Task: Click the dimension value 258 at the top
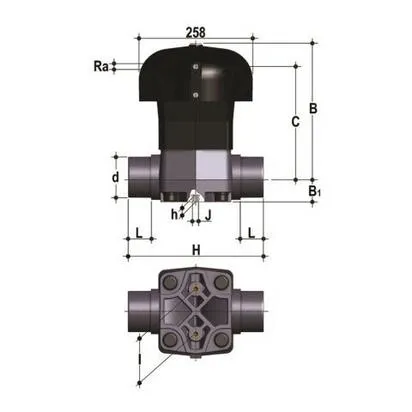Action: [196, 32]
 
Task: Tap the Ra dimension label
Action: [100, 66]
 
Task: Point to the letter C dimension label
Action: [294, 122]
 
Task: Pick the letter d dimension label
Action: [116, 177]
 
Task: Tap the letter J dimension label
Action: [208, 214]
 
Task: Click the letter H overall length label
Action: [196, 249]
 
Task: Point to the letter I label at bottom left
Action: [140, 355]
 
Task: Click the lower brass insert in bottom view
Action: [195, 329]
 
